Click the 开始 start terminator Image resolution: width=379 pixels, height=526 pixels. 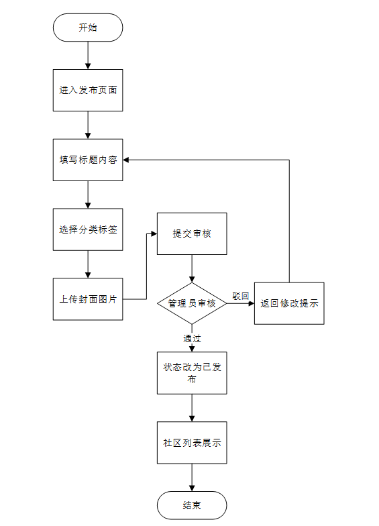(x=88, y=28)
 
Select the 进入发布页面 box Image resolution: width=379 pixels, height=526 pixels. (x=88, y=90)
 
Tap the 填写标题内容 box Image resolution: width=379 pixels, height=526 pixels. (x=88, y=160)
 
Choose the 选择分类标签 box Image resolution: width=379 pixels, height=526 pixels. (x=88, y=229)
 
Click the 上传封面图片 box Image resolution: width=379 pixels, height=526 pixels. (x=88, y=299)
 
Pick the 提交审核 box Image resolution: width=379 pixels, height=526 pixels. (x=192, y=233)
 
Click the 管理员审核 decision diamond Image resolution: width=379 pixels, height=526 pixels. (x=192, y=303)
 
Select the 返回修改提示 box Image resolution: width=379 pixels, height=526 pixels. (x=289, y=303)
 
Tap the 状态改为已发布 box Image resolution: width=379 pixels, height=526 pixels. (x=192, y=373)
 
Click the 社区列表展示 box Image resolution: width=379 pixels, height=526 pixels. (x=192, y=443)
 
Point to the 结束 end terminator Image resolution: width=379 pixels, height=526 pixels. (x=192, y=506)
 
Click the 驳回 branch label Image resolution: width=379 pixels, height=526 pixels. (x=240, y=297)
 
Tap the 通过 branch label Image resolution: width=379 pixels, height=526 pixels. (x=192, y=338)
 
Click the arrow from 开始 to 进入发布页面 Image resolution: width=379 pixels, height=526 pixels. (x=88, y=55)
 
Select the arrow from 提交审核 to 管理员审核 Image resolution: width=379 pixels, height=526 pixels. (x=192, y=268)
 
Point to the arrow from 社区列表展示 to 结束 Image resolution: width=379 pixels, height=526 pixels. (x=192, y=478)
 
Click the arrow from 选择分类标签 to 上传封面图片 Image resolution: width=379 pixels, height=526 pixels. (x=88, y=264)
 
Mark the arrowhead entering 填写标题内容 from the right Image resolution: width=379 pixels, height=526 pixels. (x=126, y=160)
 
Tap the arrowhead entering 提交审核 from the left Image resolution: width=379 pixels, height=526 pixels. (x=154, y=233)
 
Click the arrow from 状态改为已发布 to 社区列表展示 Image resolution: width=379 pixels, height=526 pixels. (x=192, y=408)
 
